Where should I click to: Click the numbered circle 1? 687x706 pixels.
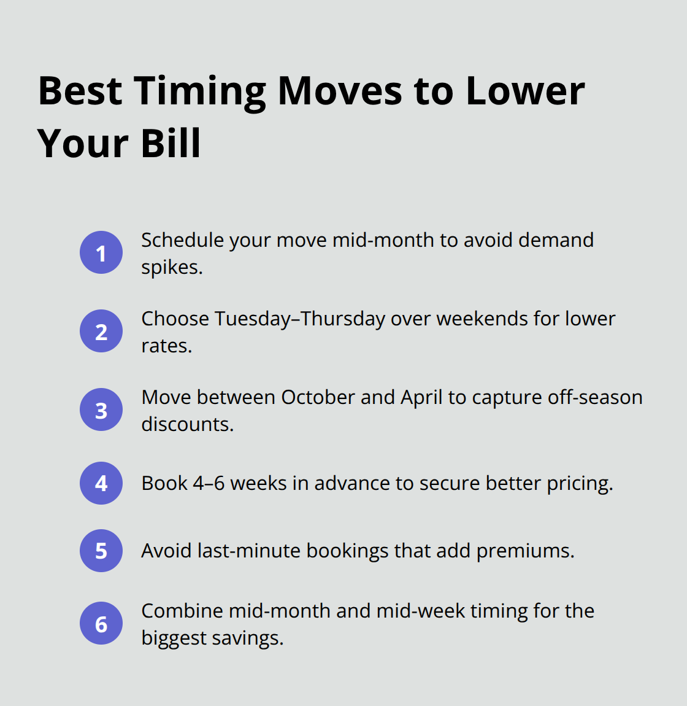tap(101, 252)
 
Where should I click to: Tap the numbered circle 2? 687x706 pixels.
tap(101, 331)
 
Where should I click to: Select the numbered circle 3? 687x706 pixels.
tap(101, 409)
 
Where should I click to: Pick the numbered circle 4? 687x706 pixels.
tap(101, 483)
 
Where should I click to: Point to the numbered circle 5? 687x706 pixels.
tap(101, 551)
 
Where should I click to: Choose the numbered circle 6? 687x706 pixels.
tap(101, 623)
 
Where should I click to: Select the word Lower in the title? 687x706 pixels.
tap(525, 92)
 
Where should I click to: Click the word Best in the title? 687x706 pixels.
tap(80, 92)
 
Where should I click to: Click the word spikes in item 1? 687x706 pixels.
tap(170, 268)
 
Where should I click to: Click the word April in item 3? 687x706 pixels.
tap(421, 398)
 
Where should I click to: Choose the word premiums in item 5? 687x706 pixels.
tap(524, 551)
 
